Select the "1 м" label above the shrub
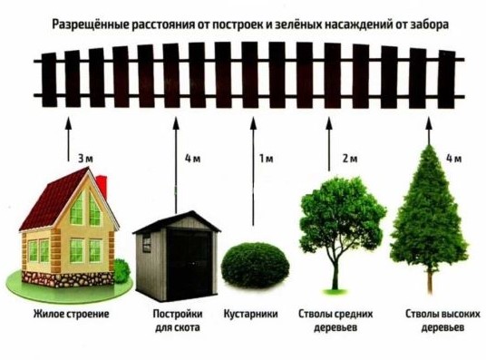(266, 160)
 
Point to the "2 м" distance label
(350, 160)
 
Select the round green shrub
(247, 263)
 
